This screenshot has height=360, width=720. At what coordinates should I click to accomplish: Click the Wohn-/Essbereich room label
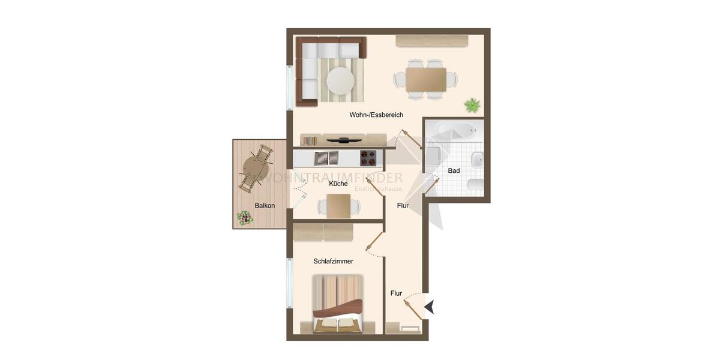click(x=376, y=115)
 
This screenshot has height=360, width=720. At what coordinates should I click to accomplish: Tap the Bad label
click(x=454, y=171)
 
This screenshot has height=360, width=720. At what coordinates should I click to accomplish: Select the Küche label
click(x=338, y=184)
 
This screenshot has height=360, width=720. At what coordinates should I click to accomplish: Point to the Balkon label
click(x=265, y=206)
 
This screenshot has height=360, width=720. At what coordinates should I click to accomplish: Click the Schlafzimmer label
click(x=333, y=262)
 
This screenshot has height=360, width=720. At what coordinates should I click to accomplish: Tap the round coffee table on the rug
click(x=340, y=80)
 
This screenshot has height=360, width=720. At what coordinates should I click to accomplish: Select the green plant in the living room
click(x=472, y=106)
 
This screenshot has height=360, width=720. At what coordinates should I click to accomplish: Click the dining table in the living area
click(x=425, y=79)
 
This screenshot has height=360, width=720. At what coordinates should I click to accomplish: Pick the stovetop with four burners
click(x=368, y=158)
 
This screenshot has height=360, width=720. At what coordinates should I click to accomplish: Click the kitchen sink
click(x=326, y=158)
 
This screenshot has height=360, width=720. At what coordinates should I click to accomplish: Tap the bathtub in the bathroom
click(x=454, y=130)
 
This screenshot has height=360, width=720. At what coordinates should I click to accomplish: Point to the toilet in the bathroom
click(x=475, y=185)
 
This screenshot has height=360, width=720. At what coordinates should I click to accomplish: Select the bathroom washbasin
click(x=476, y=160)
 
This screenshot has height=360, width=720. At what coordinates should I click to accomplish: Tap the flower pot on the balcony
click(x=244, y=218)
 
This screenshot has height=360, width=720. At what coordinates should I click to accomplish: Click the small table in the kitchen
click(x=338, y=206)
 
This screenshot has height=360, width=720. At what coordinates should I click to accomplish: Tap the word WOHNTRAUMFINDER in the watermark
click(x=334, y=178)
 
